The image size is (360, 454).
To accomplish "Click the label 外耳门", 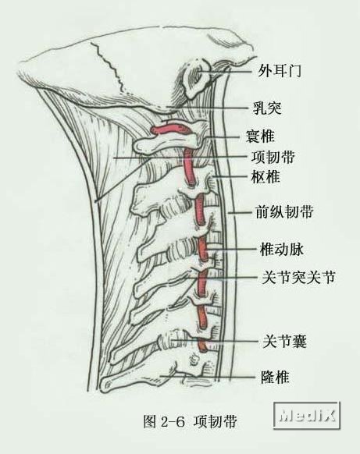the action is (x=280, y=71).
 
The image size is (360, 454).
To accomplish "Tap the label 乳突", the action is (x=267, y=108).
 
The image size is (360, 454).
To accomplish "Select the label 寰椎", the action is (x=260, y=136).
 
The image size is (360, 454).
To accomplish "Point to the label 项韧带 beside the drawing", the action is (x=273, y=157).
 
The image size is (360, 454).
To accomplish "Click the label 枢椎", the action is (x=266, y=176).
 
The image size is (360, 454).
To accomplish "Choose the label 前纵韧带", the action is (x=284, y=211).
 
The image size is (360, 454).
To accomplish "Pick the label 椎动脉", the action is (x=282, y=250).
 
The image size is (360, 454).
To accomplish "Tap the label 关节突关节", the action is (x=298, y=278).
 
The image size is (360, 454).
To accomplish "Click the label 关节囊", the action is (x=284, y=341).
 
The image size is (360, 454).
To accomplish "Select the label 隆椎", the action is (x=275, y=377).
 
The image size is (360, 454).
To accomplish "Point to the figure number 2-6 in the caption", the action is (x=173, y=423).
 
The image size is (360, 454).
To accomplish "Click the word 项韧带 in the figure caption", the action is (x=215, y=422).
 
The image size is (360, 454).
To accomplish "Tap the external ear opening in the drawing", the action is (x=198, y=75).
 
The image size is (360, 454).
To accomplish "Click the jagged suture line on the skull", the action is (x=109, y=67).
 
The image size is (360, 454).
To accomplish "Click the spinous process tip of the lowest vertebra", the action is (x=105, y=385).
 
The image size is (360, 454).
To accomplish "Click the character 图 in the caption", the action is (x=150, y=422).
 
